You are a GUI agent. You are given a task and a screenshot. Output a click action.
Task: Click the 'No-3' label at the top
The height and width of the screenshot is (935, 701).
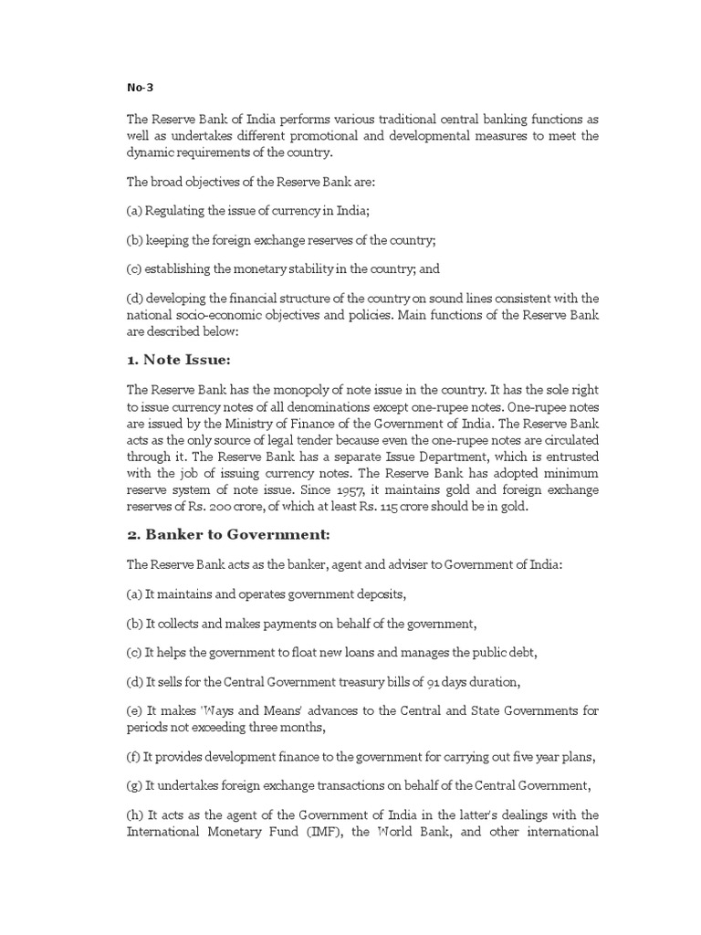pos(139,89)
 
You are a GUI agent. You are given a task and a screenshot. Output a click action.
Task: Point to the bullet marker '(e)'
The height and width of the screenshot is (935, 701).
pos(134,710)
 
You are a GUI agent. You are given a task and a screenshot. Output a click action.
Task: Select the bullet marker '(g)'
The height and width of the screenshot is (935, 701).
pos(134,784)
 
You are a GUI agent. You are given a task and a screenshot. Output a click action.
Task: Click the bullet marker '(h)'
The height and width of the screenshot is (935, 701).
pos(134,814)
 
